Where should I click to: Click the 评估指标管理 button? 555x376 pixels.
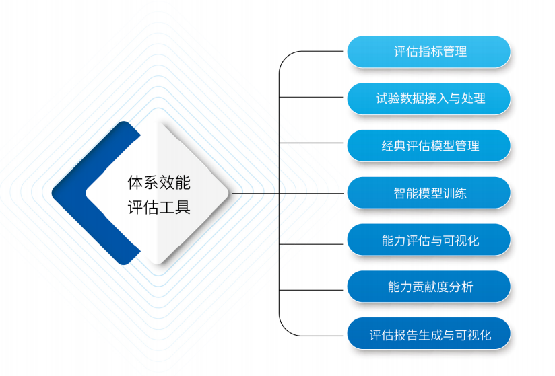[429, 52]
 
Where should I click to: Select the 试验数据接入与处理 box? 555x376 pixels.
[429, 99]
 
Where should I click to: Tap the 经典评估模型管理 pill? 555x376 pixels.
[429, 146]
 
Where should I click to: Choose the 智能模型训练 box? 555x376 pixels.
[429, 193]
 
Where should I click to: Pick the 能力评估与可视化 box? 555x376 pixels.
[429, 240]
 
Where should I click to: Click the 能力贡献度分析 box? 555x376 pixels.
[429, 287]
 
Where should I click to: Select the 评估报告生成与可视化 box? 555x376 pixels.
[429, 334]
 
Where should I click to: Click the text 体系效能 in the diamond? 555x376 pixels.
[159, 182]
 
